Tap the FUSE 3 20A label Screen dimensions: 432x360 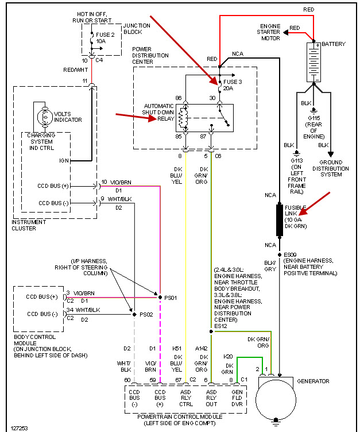(233, 85)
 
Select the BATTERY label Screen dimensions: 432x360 (334, 44)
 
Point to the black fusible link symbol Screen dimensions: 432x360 (280, 219)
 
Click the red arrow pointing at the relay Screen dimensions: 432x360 (136, 117)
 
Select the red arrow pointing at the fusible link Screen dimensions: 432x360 (315, 204)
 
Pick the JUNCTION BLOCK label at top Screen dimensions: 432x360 (137, 29)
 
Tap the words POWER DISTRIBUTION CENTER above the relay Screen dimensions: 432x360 (150, 56)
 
